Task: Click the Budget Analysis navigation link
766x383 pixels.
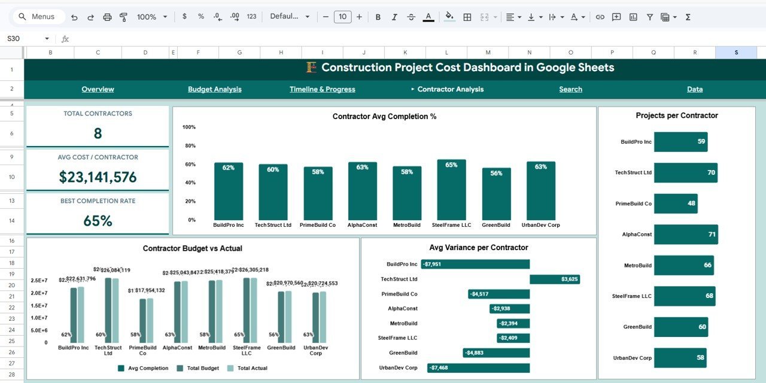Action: [x=214, y=89]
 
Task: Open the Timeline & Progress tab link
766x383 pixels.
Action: [x=322, y=89]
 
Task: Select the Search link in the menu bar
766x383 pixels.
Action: [x=570, y=89]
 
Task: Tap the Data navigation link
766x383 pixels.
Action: [x=694, y=89]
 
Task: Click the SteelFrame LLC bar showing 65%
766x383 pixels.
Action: [x=451, y=190]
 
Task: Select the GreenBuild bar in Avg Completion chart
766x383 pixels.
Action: [x=496, y=194]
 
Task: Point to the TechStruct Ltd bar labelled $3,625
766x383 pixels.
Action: [x=554, y=279]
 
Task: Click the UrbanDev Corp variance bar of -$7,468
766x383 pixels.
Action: [x=478, y=367]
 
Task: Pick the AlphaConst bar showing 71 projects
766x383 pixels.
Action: [x=685, y=235]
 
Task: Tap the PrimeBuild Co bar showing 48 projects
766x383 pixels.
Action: [x=675, y=203]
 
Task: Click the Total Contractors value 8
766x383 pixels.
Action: [x=98, y=133]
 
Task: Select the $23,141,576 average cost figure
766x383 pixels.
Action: [x=98, y=177]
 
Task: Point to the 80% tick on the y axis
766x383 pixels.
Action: [x=189, y=145]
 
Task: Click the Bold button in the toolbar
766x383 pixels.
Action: [x=378, y=17]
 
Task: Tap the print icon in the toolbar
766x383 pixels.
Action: [x=107, y=17]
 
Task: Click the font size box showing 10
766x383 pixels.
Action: [x=342, y=17]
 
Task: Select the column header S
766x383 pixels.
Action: [x=736, y=53]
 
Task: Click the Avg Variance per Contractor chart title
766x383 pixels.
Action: [x=478, y=248]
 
